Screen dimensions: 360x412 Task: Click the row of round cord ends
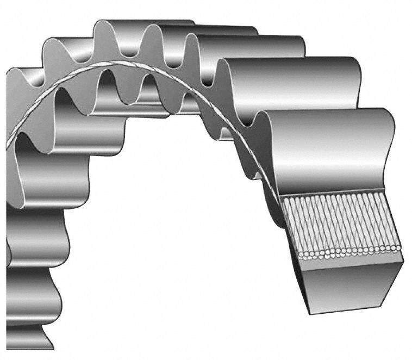[348, 251]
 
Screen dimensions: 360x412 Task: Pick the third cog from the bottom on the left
[38, 239]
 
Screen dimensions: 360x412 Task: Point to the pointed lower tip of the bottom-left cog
[52, 348]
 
